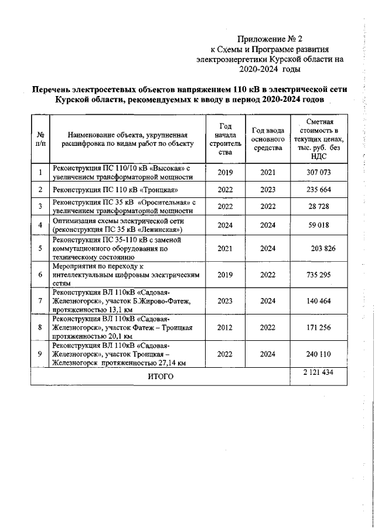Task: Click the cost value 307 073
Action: (319, 173)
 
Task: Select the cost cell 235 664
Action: (319, 190)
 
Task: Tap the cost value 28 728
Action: (319, 207)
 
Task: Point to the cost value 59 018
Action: (319, 225)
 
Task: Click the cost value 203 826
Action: (323, 248)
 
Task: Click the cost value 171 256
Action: (319, 327)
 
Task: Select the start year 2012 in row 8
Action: (225, 327)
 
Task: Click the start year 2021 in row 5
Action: (225, 248)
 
